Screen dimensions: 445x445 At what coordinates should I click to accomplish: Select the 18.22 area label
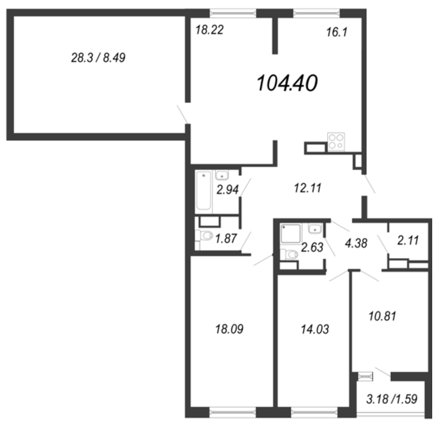(210, 31)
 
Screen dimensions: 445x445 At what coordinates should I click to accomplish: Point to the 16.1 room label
(335, 33)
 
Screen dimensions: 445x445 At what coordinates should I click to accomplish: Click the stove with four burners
(335, 141)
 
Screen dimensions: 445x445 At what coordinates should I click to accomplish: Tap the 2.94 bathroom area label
(228, 190)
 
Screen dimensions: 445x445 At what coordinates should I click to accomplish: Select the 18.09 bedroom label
(228, 329)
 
